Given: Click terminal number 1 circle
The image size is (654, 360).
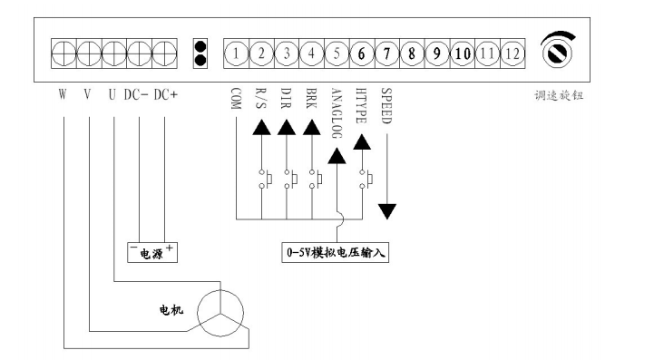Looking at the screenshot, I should tap(235, 53).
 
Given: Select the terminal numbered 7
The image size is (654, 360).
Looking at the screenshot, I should tap(386, 53).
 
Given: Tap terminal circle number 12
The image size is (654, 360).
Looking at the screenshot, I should tap(512, 53).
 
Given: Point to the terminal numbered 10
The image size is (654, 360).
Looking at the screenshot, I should tap(463, 53).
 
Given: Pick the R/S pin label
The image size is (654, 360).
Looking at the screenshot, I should tap(261, 98).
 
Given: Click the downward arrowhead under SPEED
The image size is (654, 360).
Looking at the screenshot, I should tap(387, 210).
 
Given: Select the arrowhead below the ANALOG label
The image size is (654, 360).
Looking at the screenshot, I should tap(337, 156).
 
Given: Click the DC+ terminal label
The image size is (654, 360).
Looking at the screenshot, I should tap(164, 93).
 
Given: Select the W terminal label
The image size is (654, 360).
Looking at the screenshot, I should tap(63, 93).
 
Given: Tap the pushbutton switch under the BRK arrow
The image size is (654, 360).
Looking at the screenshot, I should tap(313, 180).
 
